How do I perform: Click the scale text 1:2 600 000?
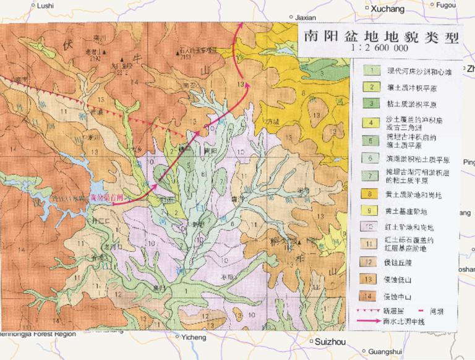[x=379, y=47]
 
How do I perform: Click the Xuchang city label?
[x=388, y=9]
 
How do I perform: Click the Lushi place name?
[x=46, y=6]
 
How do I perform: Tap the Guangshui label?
[x=384, y=352]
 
